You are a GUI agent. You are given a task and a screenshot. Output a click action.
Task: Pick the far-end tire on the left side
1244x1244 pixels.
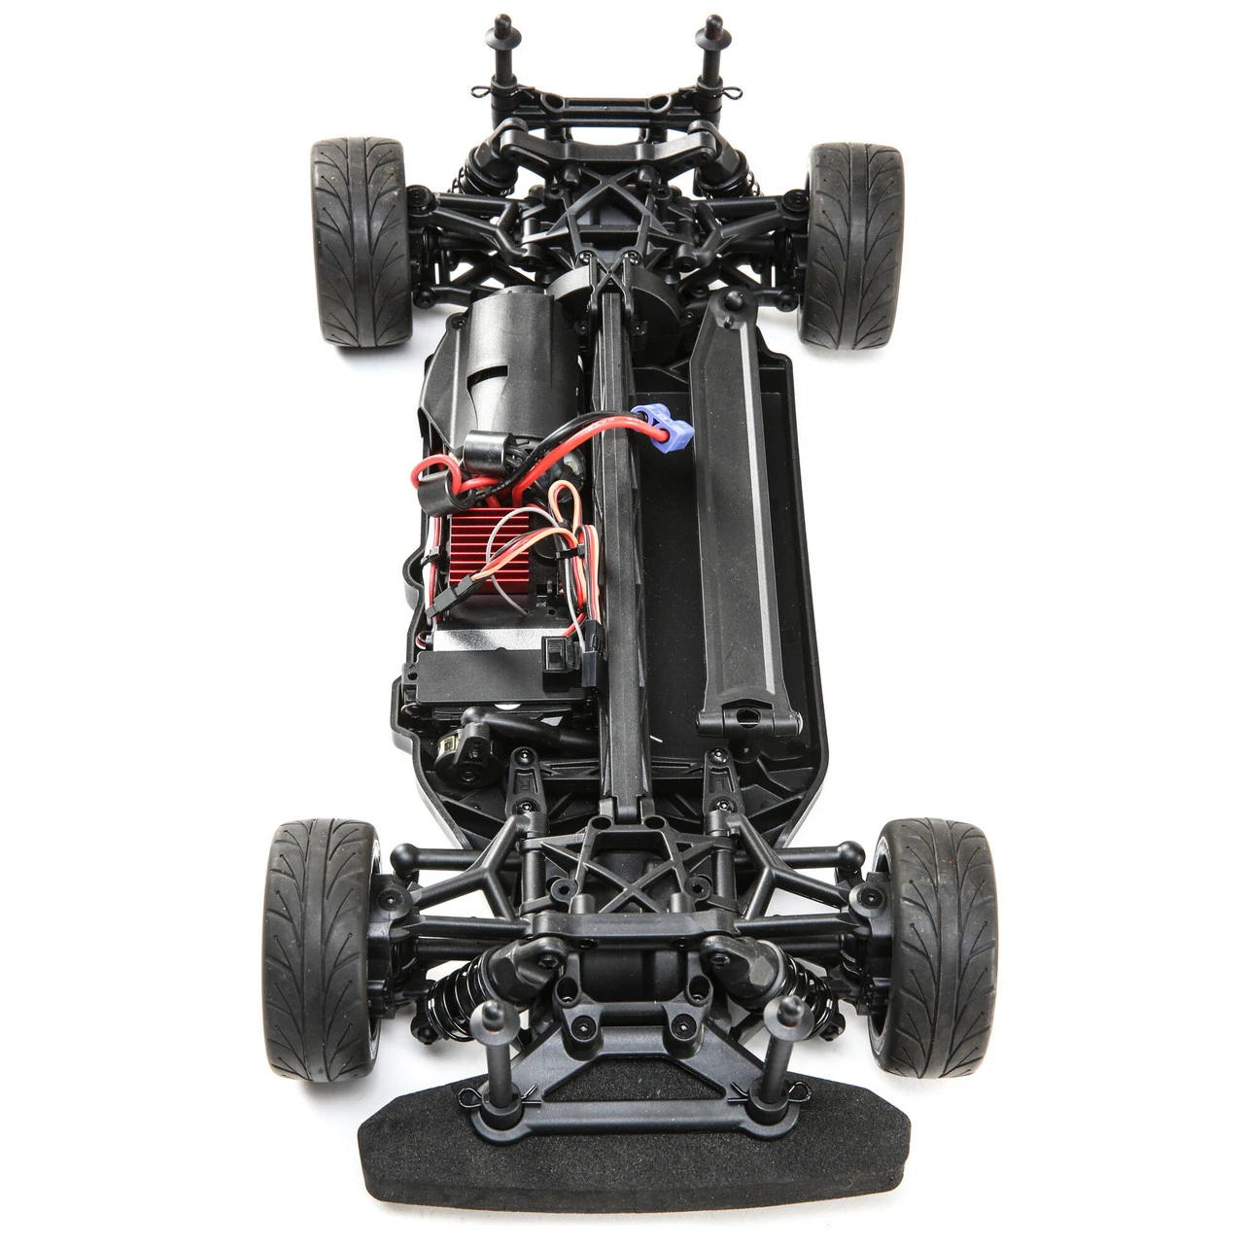pyautogui.click(x=361, y=242)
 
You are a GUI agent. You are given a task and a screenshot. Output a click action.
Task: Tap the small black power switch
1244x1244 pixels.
pyautogui.click(x=556, y=653)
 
